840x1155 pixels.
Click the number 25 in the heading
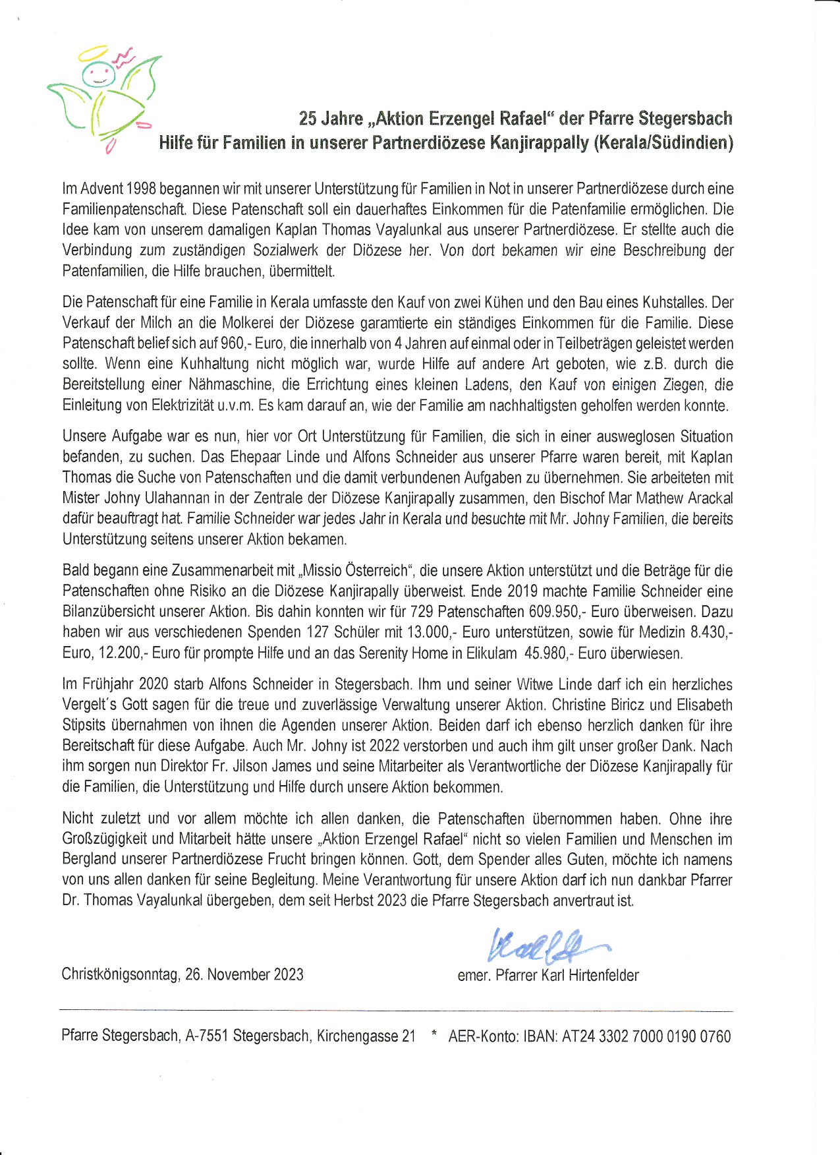(x=307, y=119)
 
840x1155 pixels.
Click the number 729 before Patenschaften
(x=421, y=612)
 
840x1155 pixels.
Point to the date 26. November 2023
(x=244, y=975)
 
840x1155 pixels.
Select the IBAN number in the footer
(x=646, y=1036)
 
